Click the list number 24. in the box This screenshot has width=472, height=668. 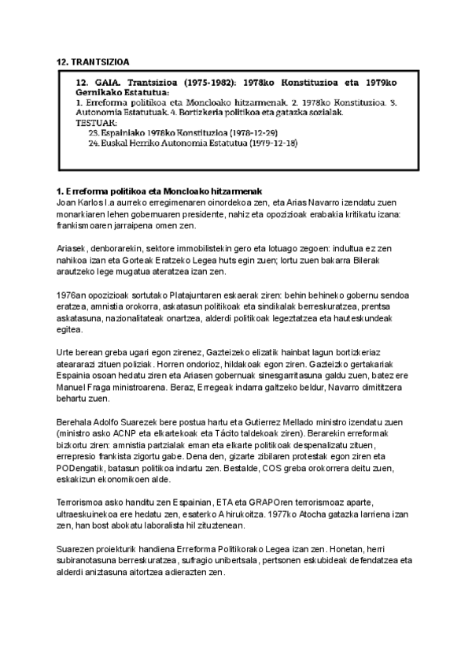(x=94, y=144)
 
